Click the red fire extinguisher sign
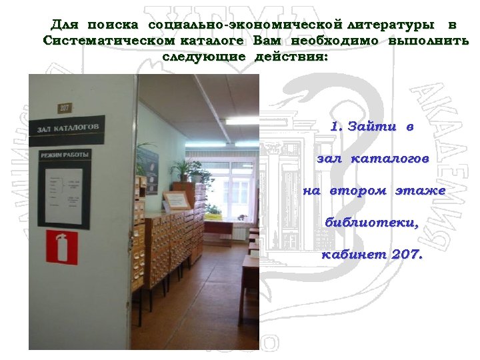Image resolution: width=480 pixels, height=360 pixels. (x=61, y=247)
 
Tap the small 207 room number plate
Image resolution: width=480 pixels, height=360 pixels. (x=65, y=107)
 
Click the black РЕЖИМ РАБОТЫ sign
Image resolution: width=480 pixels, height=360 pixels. (x=64, y=154)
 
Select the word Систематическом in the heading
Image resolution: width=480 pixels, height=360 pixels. (x=103, y=41)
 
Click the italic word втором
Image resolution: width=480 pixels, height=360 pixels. (x=357, y=191)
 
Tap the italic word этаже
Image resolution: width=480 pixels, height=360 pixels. (x=421, y=191)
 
